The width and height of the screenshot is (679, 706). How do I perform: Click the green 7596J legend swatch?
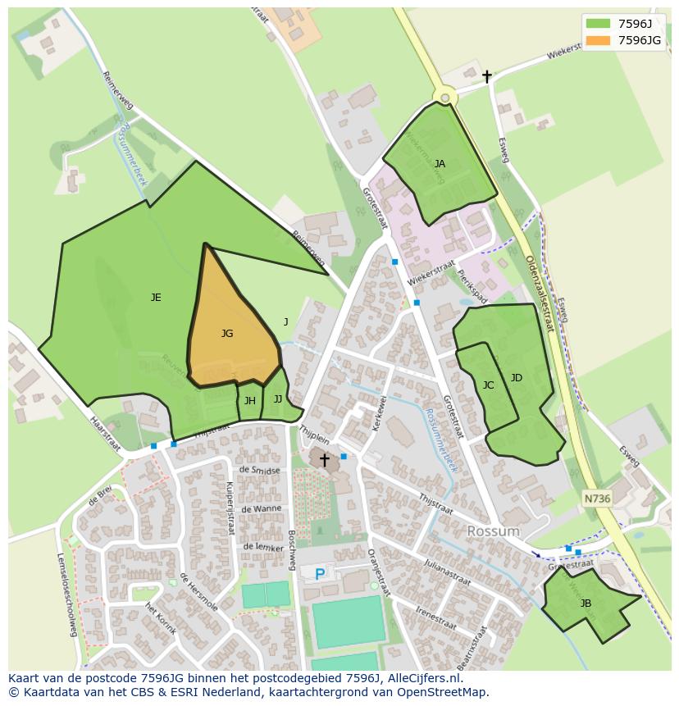tap(599, 23)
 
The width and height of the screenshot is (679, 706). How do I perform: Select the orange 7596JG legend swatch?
tap(599, 40)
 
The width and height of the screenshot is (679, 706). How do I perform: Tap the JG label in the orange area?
tap(227, 334)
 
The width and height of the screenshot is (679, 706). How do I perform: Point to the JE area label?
tap(156, 298)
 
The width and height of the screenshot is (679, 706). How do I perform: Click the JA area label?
tap(440, 164)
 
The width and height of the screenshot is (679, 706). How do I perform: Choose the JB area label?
tap(586, 604)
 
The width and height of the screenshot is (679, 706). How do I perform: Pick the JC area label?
tap(488, 385)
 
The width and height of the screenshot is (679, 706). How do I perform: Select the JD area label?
tap(517, 378)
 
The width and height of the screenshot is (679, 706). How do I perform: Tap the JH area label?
tap(249, 401)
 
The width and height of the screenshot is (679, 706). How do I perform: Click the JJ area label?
tap(278, 399)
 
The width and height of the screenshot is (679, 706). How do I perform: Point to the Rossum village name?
tap(494, 531)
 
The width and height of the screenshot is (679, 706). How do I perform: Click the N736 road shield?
tap(597, 499)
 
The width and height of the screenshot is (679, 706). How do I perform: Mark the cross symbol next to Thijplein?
tap(324, 460)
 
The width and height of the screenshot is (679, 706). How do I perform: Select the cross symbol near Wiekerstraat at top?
tap(486, 76)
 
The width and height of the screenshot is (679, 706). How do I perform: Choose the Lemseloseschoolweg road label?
tap(66, 593)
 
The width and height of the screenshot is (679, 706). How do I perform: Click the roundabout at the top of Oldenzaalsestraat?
tap(445, 98)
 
